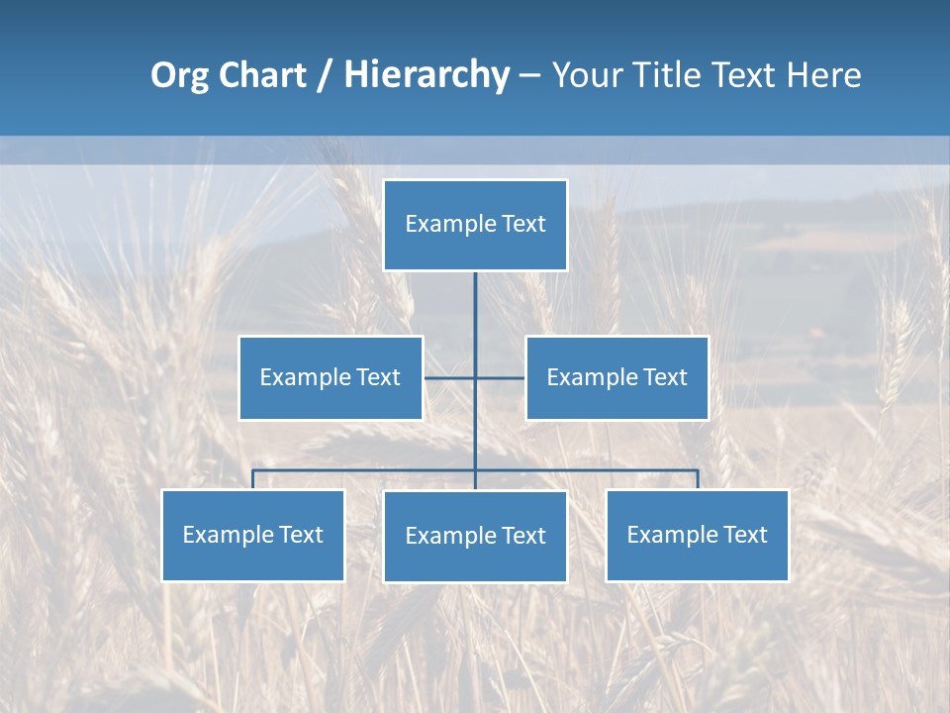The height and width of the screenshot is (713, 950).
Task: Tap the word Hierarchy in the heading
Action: click(x=427, y=75)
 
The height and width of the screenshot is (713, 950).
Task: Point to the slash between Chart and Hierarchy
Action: click(x=325, y=75)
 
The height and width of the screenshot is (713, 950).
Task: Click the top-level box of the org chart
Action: click(x=475, y=225)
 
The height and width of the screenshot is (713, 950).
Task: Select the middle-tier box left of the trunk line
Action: click(x=331, y=377)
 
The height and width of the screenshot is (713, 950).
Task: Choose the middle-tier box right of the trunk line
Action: click(x=617, y=377)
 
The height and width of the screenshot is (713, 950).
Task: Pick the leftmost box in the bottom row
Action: click(x=252, y=535)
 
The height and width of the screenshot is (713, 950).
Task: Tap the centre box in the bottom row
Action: click(x=475, y=536)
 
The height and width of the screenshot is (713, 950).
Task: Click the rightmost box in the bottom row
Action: click(x=697, y=535)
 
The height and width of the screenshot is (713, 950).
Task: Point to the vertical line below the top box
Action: click(x=475, y=317)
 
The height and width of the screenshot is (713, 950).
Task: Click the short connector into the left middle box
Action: click(x=448, y=377)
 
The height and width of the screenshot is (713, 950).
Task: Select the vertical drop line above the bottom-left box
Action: click(x=252, y=479)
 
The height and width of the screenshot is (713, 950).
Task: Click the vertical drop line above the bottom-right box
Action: click(x=698, y=479)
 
